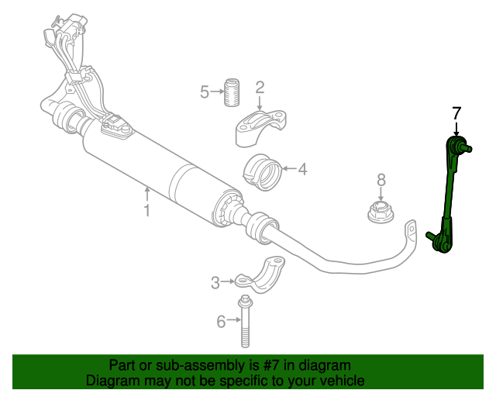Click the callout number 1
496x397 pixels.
(146, 209)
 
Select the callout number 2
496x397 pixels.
(260, 88)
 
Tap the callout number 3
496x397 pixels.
(215, 283)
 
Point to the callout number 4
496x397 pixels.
(302, 168)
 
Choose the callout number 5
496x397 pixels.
(205, 93)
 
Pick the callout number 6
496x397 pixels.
(221, 321)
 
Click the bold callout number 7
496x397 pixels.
(456, 113)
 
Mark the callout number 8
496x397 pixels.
(381, 180)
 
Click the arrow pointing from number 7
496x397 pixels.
(456, 129)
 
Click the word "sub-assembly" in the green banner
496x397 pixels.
(181, 365)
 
